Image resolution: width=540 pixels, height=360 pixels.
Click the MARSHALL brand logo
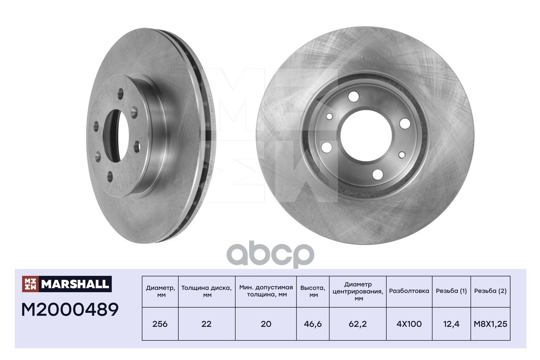tap(67, 284)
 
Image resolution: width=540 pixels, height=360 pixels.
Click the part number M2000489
tap(70, 310)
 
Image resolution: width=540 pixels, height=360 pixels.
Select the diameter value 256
tap(160, 324)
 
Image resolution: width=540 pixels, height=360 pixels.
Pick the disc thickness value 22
tap(207, 324)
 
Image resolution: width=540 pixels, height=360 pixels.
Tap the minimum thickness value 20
tap(266, 324)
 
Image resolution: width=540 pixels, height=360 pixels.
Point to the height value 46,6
tap(313, 324)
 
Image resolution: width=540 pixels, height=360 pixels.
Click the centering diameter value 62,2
tap(358, 324)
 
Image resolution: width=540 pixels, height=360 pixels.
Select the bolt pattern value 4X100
tap(409, 324)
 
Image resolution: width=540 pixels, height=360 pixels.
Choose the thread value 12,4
tap(451, 324)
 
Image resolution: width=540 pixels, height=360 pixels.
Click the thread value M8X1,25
tap(490, 324)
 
